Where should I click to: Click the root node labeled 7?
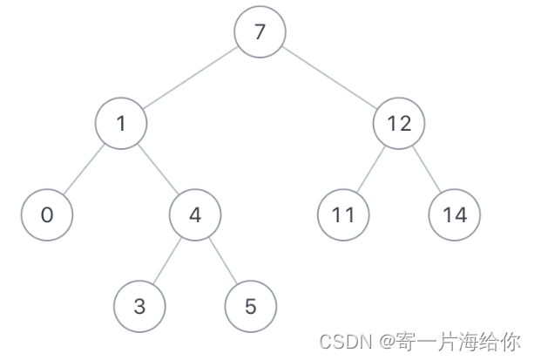click(x=260, y=33)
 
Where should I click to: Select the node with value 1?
click(x=121, y=125)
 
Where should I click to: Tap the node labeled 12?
click(x=398, y=125)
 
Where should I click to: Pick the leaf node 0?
click(x=47, y=214)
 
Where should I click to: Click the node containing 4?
click(x=195, y=214)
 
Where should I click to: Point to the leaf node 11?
click(x=343, y=214)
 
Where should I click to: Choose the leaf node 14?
click(x=455, y=214)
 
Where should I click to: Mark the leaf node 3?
click(x=139, y=306)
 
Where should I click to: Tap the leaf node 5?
click(x=251, y=306)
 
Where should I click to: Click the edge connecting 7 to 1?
click(x=190, y=79)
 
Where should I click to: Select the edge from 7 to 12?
click(x=329, y=79)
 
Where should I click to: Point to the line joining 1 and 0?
click(x=84, y=169)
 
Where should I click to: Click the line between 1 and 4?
click(x=158, y=169)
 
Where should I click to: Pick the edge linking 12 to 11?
click(x=371, y=169)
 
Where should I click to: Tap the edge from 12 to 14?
click(x=427, y=169)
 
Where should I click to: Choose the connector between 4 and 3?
click(x=167, y=260)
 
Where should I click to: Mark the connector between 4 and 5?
click(x=223, y=260)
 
